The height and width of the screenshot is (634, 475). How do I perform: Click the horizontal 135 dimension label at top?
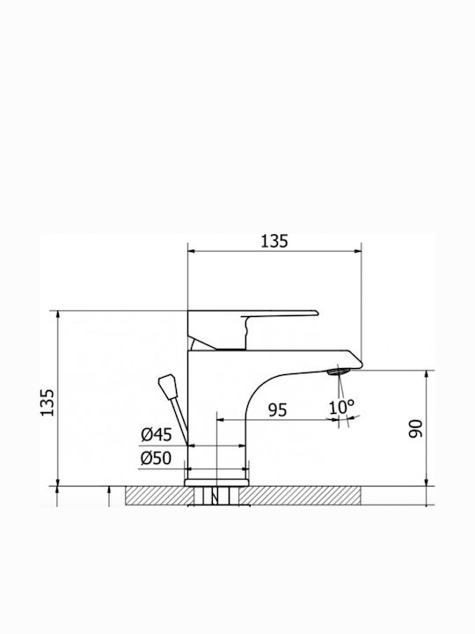[274, 241]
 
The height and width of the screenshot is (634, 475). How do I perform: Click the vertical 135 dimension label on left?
[47, 402]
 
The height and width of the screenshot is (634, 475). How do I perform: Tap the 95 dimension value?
[277, 410]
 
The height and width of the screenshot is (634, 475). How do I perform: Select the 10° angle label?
[341, 407]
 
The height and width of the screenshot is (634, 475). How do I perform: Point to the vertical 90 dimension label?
[415, 429]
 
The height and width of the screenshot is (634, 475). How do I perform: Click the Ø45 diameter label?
[157, 435]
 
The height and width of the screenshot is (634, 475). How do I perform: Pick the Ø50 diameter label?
[157, 459]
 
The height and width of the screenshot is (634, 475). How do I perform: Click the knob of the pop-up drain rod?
[168, 387]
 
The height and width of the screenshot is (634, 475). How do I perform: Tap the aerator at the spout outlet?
[339, 372]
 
